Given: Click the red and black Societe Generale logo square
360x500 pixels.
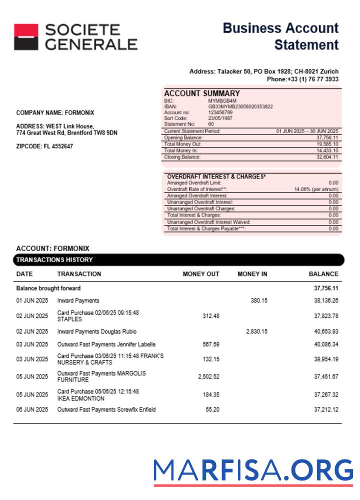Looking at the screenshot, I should (26, 37).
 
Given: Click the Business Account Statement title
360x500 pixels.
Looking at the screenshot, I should (280, 36).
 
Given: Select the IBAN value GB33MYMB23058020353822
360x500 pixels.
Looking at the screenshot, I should (240, 106).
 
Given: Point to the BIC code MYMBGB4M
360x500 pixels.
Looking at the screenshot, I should (222, 101).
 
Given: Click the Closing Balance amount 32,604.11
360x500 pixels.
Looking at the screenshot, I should (327, 157).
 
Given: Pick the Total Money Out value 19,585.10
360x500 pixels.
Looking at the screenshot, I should (327, 144).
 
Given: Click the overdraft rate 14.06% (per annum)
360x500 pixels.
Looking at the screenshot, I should (316, 189).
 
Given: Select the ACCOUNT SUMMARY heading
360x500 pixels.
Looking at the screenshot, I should (201, 93).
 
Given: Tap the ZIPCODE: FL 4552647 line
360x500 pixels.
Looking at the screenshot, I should (44, 146).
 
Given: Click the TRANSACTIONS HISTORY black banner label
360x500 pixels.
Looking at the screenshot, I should (54, 260).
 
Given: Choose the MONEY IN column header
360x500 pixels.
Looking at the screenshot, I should (252, 274).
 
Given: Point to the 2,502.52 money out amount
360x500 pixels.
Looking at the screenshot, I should (208, 376).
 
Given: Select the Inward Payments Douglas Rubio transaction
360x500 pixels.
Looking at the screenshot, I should (96, 331).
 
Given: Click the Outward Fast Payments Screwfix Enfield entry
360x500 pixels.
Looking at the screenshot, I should (106, 409).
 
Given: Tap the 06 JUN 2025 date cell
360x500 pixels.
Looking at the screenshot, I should (32, 409).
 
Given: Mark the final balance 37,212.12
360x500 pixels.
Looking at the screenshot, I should (326, 409).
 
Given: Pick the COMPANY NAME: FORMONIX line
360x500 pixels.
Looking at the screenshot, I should (55, 113).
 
